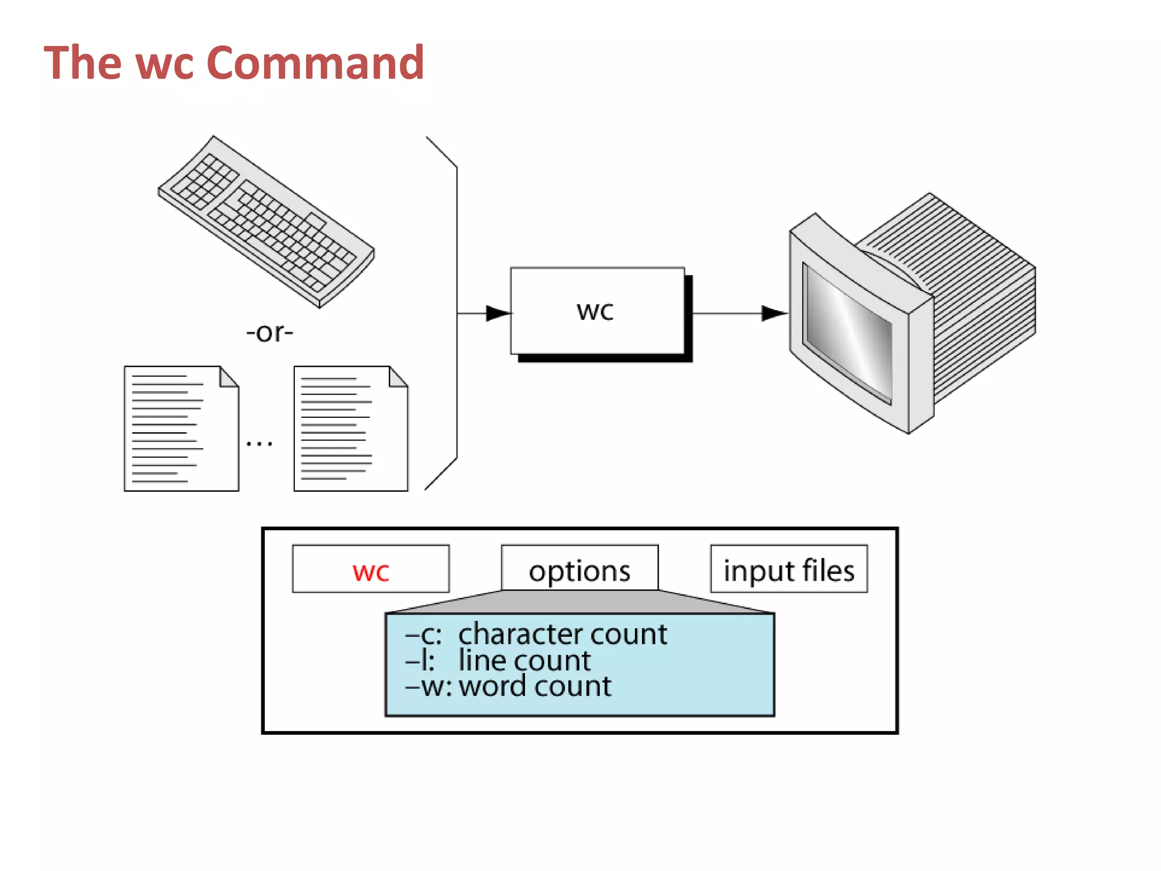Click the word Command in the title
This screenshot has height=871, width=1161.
315,62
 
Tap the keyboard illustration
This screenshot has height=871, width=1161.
265,222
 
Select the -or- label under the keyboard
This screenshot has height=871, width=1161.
269,332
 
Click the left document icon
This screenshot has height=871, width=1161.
180,429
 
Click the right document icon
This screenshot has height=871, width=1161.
350,429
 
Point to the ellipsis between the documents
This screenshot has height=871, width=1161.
259,444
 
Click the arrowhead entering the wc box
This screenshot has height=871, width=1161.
498,313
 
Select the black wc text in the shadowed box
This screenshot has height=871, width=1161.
595,311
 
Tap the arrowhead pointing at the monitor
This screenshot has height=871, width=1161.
773,313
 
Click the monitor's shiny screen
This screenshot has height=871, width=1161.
849,333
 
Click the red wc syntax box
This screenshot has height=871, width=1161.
371,569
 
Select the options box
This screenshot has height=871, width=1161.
579,569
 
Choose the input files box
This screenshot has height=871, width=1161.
789,569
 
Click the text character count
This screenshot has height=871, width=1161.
562,634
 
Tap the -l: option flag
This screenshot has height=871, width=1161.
420,661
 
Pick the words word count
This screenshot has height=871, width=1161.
535,686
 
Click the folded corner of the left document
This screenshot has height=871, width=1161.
229,377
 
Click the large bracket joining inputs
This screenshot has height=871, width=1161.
456,313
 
